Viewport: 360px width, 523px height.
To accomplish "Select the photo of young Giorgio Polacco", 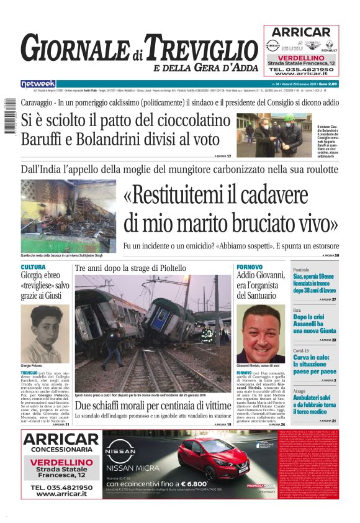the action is click(x=45, y=333).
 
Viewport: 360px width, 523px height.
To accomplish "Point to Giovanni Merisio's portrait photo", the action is click(x=261, y=334).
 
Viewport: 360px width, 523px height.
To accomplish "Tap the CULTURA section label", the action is click(x=33, y=267).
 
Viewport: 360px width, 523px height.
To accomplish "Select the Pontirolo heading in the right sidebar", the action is click(x=301, y=270).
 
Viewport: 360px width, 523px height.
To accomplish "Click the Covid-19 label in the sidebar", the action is click(x=301, y=350).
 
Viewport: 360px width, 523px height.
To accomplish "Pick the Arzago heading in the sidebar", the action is click(x=299, y=391).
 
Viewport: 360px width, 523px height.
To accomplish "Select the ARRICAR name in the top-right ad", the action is click(x=301, y=32).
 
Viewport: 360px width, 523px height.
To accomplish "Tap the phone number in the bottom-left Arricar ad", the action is click(x=61, y=486).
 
